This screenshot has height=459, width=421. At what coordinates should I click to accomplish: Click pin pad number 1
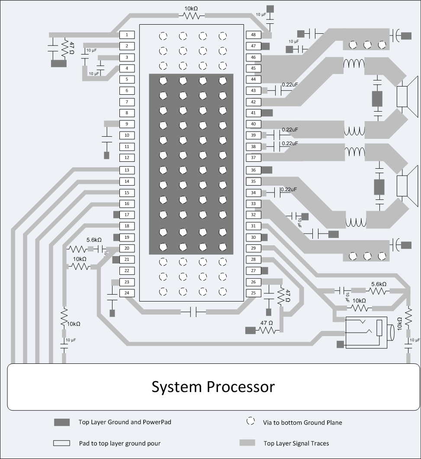127,35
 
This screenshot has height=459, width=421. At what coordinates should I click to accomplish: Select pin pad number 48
253,35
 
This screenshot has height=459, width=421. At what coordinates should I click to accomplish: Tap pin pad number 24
127,293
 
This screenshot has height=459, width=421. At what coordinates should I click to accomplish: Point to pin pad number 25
253,293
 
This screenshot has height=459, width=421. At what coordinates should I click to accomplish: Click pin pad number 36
253,170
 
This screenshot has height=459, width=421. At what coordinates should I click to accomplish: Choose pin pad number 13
127,170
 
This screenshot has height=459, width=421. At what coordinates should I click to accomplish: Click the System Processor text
213,386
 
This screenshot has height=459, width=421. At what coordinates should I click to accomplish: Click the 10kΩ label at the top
192,8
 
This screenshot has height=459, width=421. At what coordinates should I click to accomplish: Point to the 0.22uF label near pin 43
289,85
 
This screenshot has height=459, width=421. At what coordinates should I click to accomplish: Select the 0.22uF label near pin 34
289,189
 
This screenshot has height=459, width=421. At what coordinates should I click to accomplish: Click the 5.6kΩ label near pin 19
94,240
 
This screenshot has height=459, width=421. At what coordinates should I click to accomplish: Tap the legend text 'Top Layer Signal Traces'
296,443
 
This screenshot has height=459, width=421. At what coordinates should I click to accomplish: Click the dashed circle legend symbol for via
250,421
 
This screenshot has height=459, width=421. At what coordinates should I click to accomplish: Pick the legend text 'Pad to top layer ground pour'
119,443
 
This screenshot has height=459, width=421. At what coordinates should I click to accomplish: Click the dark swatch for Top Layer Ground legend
61,422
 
